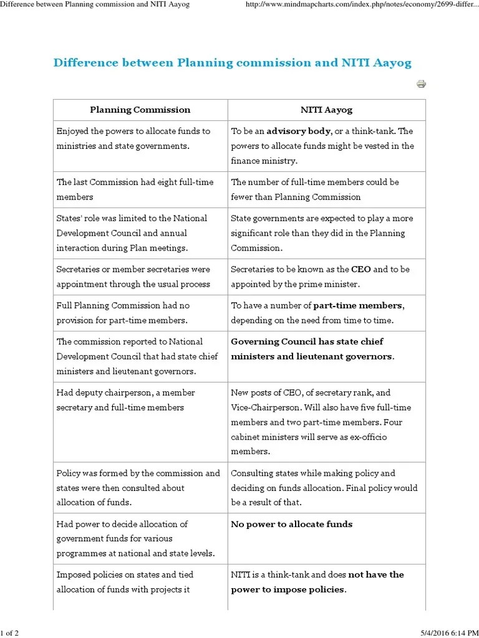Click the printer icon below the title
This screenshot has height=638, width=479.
pyautogui.click(x=421, y=84)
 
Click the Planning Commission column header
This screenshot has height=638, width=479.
pyautogui.click(x=140, y=110)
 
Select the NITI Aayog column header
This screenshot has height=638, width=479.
pyautogui.click(x=326, y=110)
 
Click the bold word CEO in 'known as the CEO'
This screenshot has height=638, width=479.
pyautogui.click(x=361, y=270)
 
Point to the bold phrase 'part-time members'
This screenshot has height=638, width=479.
pyautogui.click(x=358, y=306)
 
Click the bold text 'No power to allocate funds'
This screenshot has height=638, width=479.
pyautogui.click(x=291, y=525)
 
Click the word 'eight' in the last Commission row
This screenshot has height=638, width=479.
pyautogui.click(x=155, y=183)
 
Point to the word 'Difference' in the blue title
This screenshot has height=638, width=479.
pyautogui.click(x=82, y=63)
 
